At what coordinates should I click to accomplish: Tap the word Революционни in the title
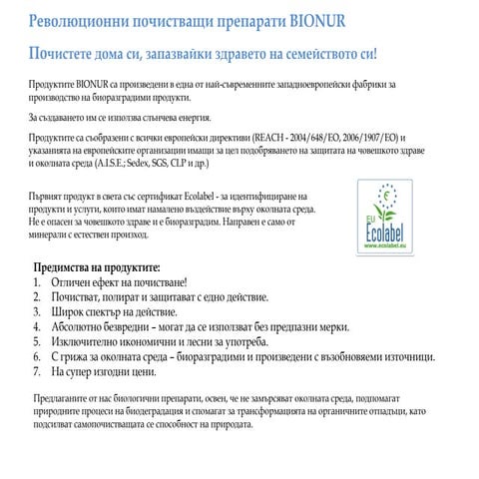click(x=79, y=21)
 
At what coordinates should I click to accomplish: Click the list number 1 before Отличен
click(x=37, y=283)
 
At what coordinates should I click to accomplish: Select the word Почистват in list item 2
click(x=78, y=297)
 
